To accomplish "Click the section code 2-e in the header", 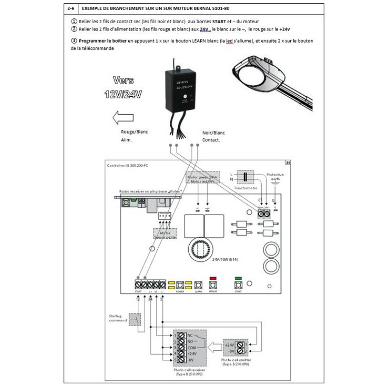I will [71, 9].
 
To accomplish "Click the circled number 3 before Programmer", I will [74, 41].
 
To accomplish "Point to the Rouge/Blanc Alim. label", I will [134, 135].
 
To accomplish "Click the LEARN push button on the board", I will [198, 284].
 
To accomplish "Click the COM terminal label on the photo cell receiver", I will [191, 348].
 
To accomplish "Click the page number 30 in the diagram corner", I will [288, 163].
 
